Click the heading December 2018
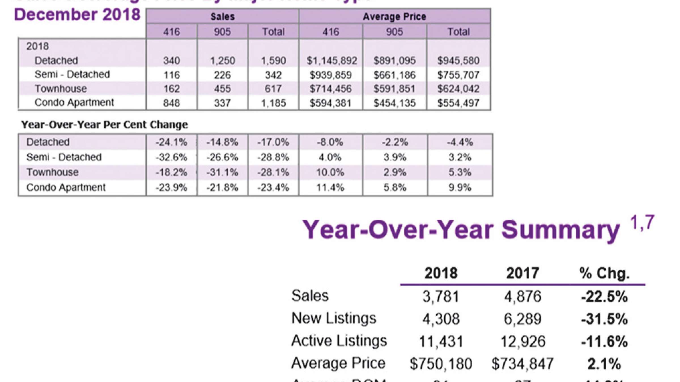point(77,15)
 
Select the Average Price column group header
point(394,17)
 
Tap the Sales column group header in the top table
point(222,17)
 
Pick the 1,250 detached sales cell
point(222,61)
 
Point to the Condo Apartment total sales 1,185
point(273,103)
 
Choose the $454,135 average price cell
point(394,103)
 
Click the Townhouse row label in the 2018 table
point(61,89)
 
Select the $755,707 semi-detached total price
point(458,75)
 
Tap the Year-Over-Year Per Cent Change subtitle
point(105,125)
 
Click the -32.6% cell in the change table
point(171,157)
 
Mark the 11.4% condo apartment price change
point(330,188)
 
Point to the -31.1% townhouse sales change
point(222,173)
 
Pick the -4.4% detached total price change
point(460,142)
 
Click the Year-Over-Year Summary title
point(461,230)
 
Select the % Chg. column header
point(604,273)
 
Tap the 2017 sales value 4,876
point(522,297)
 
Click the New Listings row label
point(334,318)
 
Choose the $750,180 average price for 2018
point(441,364)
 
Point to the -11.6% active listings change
point(604,342)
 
